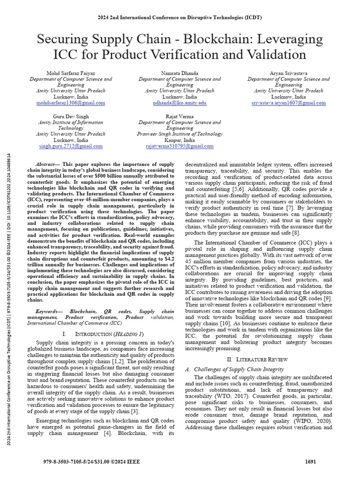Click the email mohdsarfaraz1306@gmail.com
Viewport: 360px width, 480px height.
[72, 103]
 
